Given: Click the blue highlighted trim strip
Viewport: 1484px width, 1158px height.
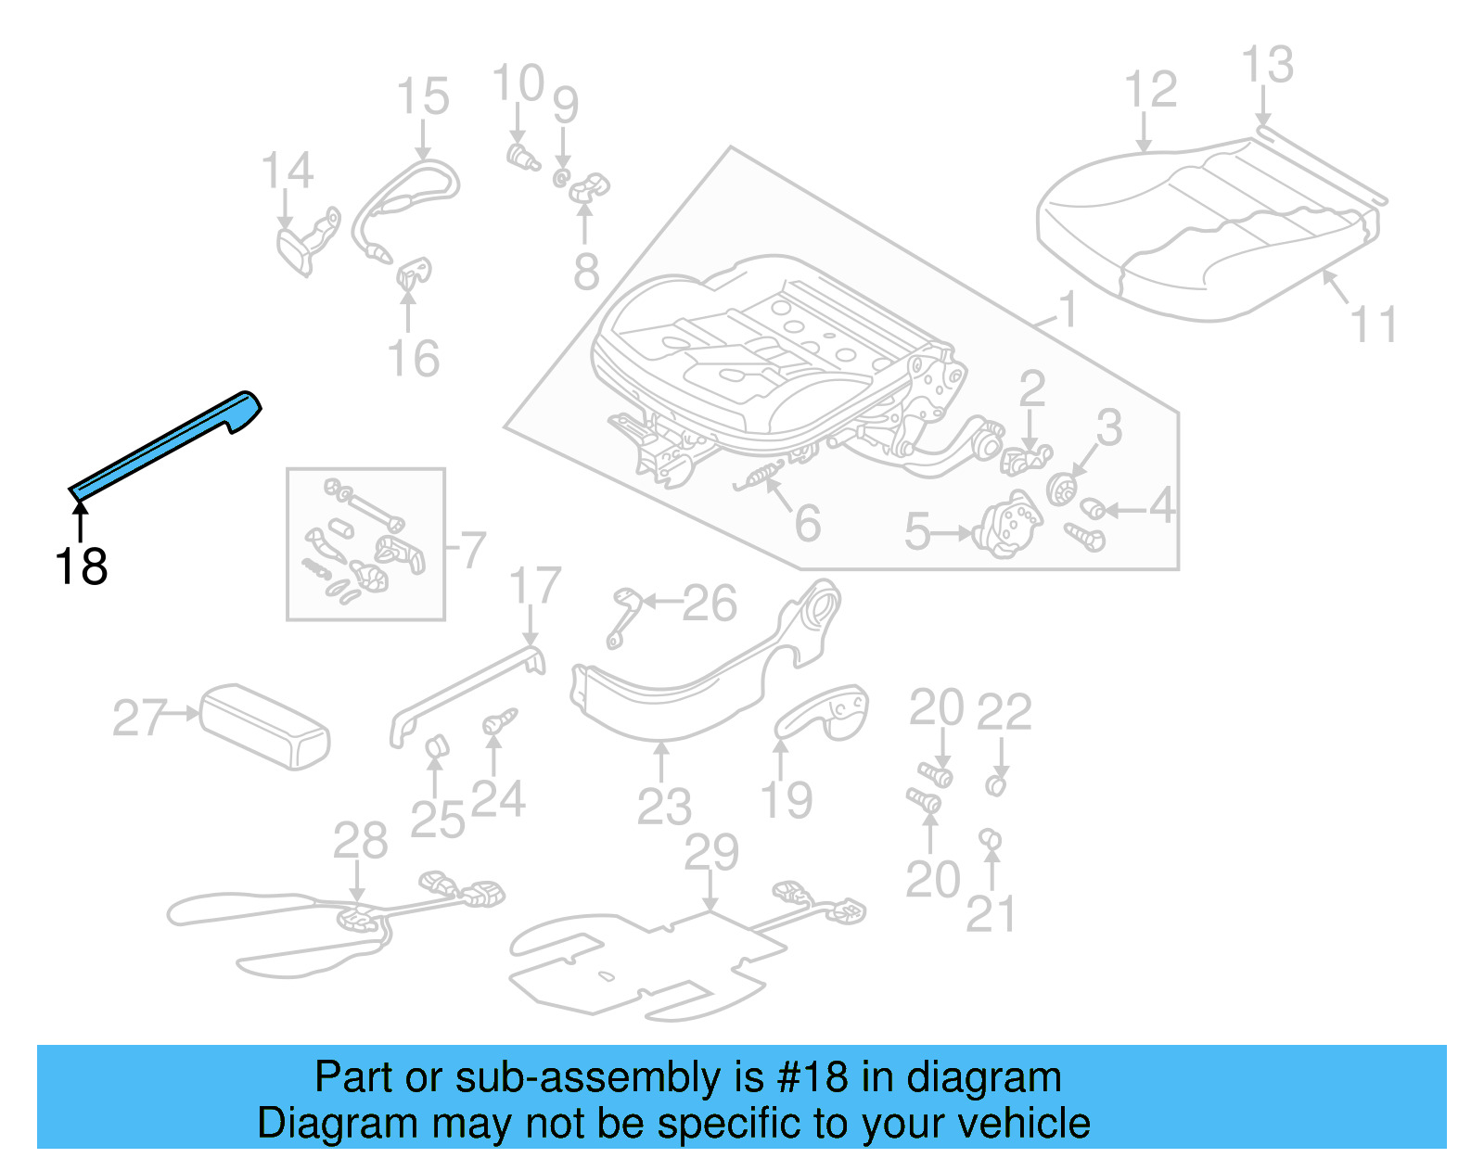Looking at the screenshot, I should [167, 443].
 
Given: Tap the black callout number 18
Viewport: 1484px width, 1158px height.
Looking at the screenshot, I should [81, 566].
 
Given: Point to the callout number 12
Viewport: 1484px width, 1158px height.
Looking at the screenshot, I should [1150, 90].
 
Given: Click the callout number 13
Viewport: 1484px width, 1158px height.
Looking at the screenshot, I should [1267, 66].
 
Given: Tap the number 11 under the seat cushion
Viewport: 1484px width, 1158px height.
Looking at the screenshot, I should [1373, 325].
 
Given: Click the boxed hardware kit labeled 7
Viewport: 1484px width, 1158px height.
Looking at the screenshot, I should [365, 544].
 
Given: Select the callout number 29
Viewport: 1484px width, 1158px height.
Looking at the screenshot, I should [711, 852].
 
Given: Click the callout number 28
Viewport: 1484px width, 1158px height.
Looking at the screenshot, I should [360, 841].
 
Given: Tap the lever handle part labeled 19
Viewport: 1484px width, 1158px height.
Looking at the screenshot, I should [824, 713].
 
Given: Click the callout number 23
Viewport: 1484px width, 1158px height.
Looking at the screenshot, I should [664, 807].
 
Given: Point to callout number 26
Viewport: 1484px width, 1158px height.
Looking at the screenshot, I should [710, 604].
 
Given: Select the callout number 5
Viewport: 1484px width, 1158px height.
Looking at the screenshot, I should [916, 532].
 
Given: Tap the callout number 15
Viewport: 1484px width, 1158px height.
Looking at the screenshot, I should [423, 97].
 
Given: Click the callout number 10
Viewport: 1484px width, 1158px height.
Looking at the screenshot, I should [518, 83].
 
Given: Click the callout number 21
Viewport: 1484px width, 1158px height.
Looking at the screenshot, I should [991, 914].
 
